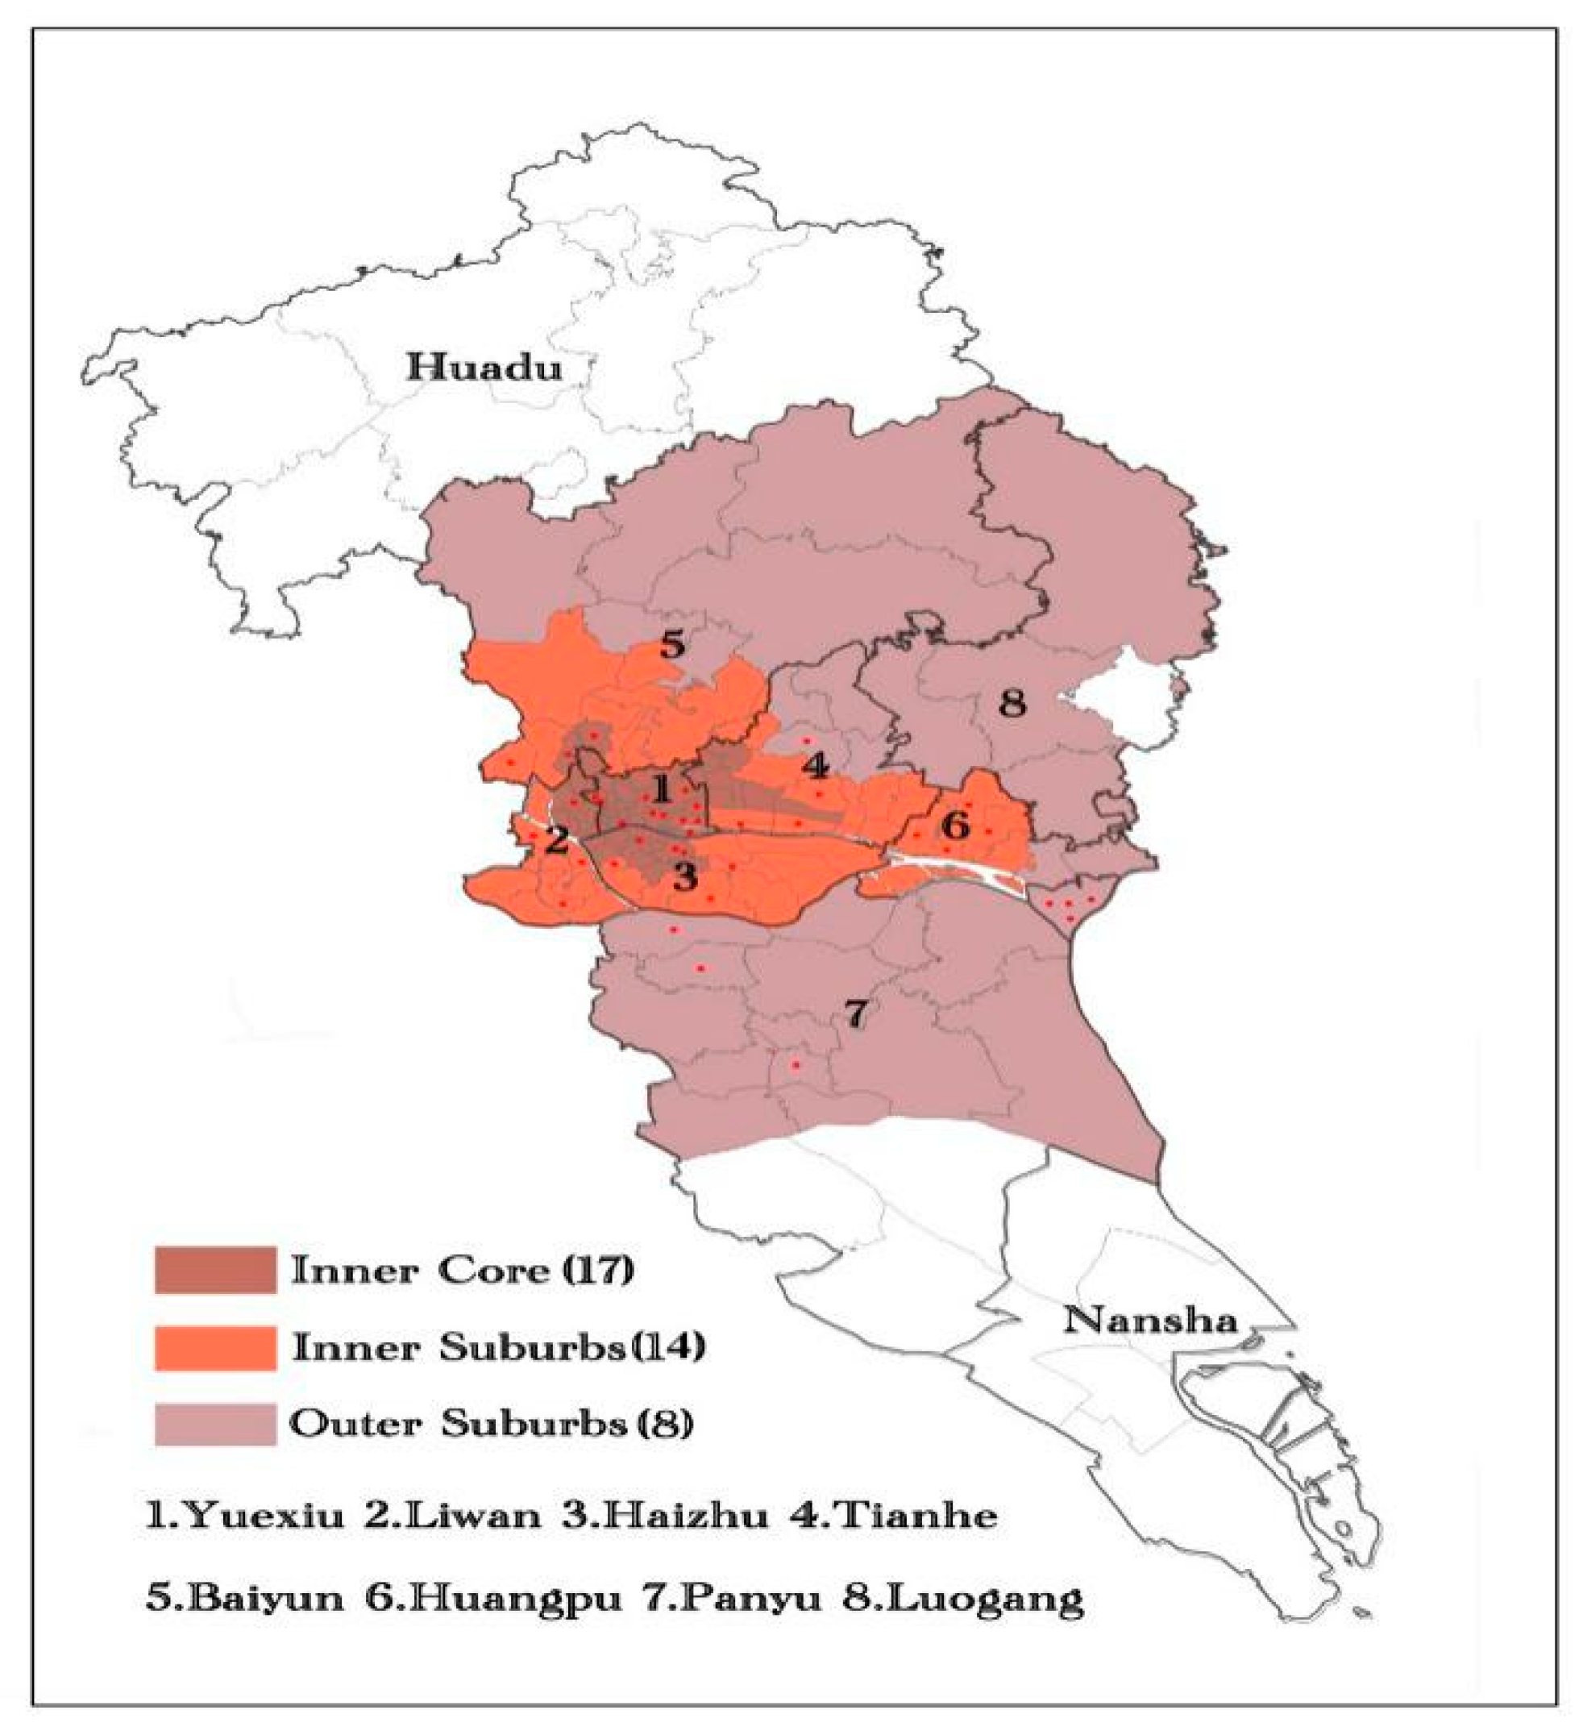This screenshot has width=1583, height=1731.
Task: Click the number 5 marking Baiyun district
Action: pyautogui.click(x=672, y=644)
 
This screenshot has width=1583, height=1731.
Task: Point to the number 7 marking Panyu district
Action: pyautogui.click(x=856, y=1014)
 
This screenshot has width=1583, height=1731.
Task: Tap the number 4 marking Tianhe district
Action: pyautogui.click(x=815, y=767)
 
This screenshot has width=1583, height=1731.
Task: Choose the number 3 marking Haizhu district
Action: pyautogui.click(x=684, y=876)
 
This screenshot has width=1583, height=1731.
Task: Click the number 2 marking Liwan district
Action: pyautogui.click(x=557, y=838)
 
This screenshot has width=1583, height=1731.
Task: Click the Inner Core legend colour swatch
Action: pyautogui.click(x=215, y=1270)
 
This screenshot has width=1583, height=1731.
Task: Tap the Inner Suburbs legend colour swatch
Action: pyautogui.click(x=215, y=1347)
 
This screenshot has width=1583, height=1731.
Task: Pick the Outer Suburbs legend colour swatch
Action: pyautogui.click(x=215, y=1424)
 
